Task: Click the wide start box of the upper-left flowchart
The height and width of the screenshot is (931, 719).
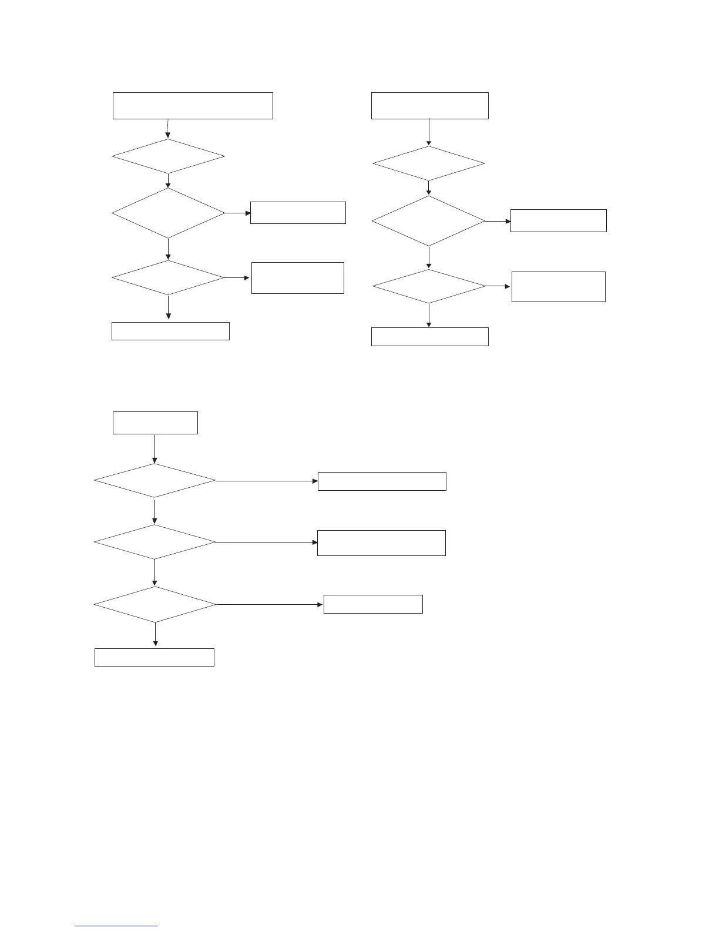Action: pyautogui.click(x=193, y=106)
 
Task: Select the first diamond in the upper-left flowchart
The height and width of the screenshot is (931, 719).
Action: pyautogui.click(x=168, y=156)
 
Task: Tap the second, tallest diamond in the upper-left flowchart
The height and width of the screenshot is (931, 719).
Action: pyautogui.click(x=168, y=213)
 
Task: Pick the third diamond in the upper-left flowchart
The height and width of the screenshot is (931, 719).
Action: pyautogui.click(x=168, y=277)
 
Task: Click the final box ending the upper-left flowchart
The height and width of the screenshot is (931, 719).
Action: pyautogui.click(x=170, y=331)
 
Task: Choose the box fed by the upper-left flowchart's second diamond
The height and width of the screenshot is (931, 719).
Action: pyautogui.click(x=298, y=213)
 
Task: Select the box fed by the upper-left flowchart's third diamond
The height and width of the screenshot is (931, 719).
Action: pyautogui.click(x=298, y=278)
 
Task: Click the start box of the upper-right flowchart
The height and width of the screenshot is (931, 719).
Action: pyautogui.click(x=429, y=106)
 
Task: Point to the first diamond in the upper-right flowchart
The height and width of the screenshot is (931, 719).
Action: pyautogui.click(x=429, y=163)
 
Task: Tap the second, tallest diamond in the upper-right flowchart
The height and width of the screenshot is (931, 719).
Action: pyautogui.click(x=429, y=221)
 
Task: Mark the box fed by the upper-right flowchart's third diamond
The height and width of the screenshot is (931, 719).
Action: pyautogui.click(x=558, y=287)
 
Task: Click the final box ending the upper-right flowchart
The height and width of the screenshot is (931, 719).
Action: pyautogui.click(x=429, y=337)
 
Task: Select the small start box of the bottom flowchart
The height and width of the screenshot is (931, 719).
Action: pyautogui.click(x=155, y=423)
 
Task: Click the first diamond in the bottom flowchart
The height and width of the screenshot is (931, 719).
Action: pyautogui.click(x=155, y=481)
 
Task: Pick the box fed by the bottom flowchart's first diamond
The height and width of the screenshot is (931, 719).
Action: pyautogui.click(x=382, y=481)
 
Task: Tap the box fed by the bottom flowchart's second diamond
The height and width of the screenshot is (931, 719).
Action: pyautogui.click(x=381, y=542)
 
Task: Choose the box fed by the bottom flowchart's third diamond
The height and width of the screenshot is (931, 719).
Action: pyautogui.click(x=373, y=604)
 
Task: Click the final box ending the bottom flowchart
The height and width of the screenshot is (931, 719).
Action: pyautogui.click(x=154, y=657)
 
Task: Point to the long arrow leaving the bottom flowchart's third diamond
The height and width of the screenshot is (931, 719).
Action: pyautogui.click(x=270, y=604)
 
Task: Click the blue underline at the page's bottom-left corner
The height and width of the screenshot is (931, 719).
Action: pyautogui.click(x=116, y=926)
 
